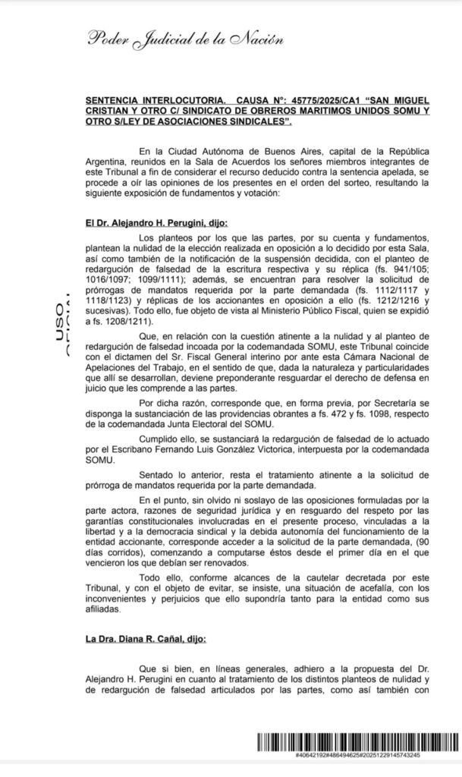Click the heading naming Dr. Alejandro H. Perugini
click(x=156, y=224)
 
